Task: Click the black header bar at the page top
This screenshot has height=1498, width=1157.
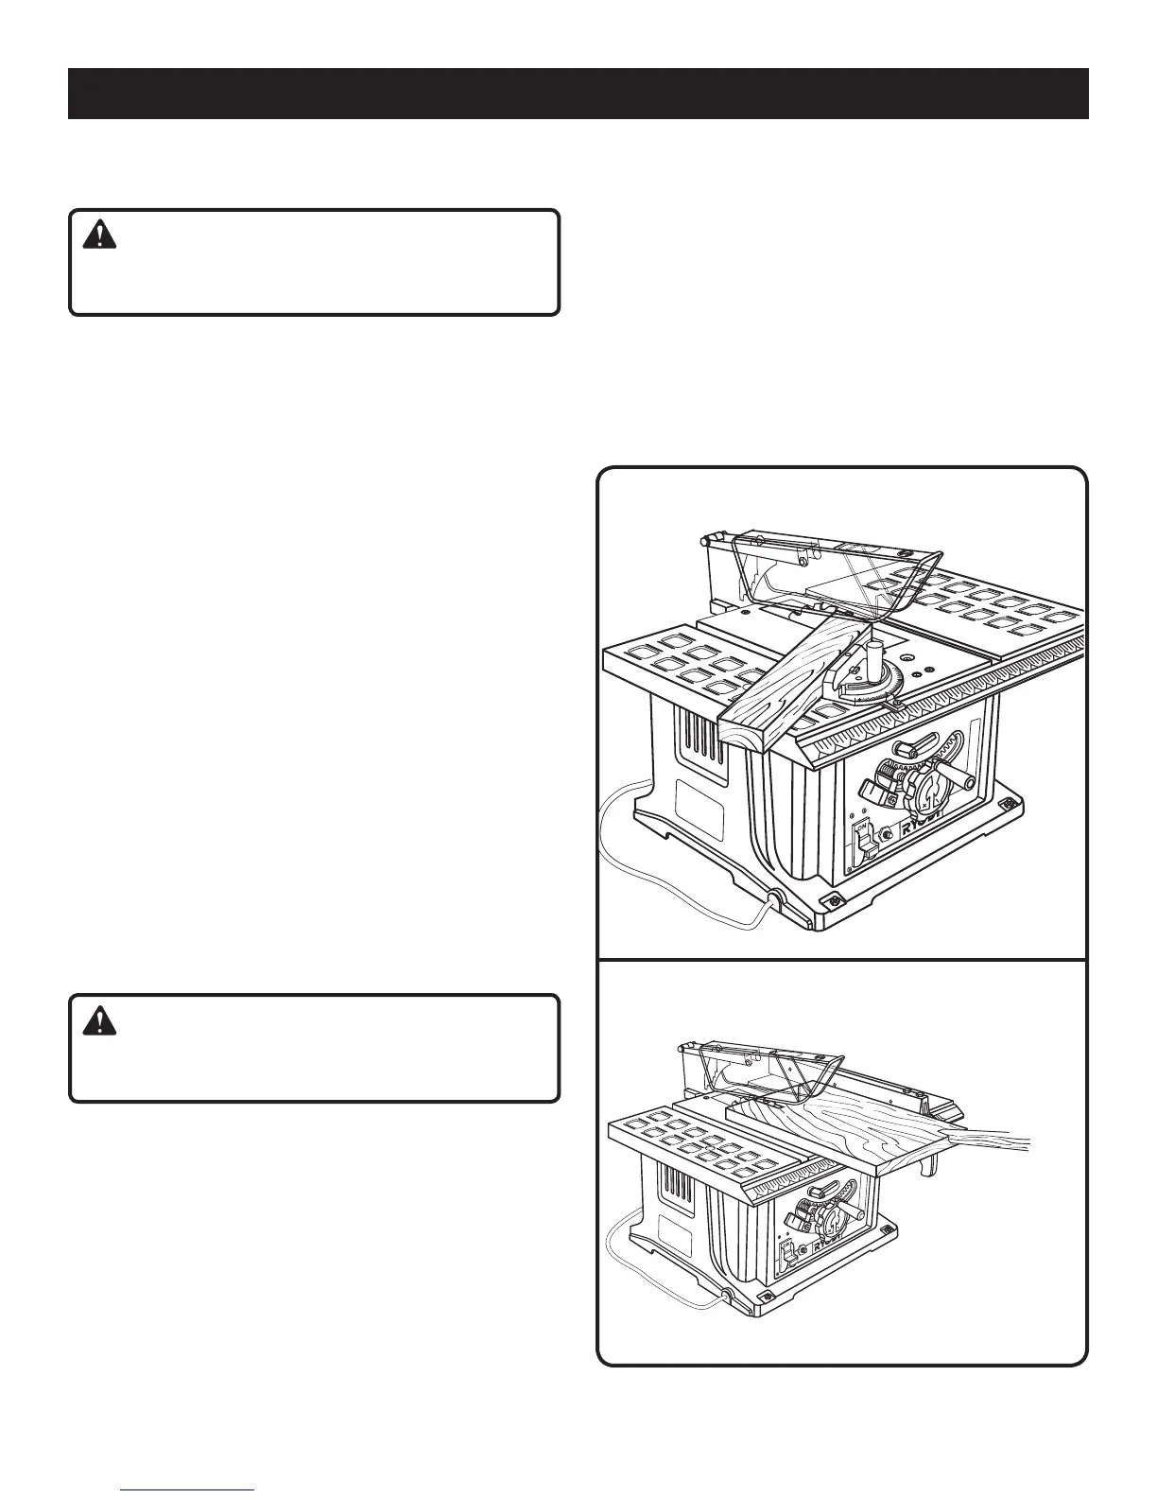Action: pos(578,94)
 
